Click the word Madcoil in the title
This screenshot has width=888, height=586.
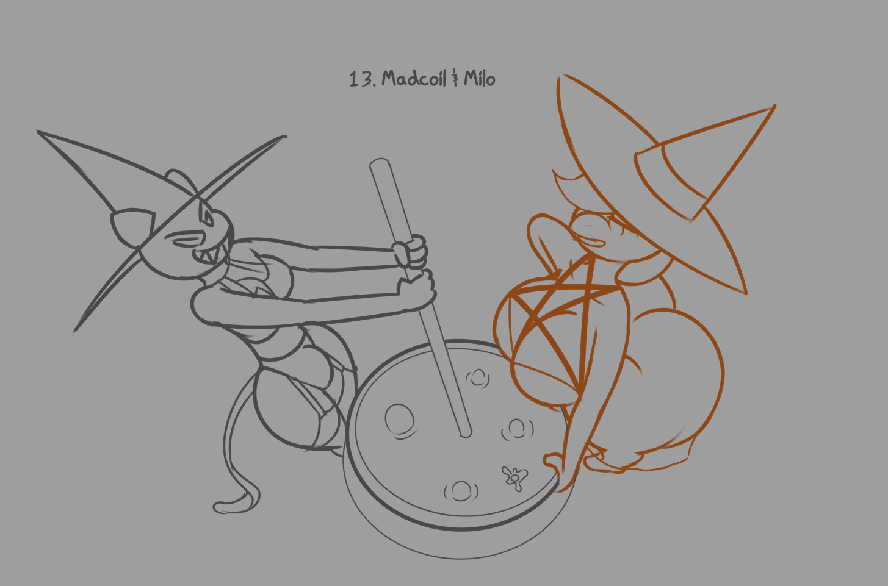click(x=414, y=79)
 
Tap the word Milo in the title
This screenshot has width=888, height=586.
click(x=480, y=79)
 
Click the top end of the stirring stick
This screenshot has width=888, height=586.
click(x=380, y=162)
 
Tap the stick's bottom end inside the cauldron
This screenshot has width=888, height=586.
click(x=466, y=434)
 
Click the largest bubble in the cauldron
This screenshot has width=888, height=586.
click(x=400, y=421)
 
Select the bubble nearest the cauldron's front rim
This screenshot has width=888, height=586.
click(x=461, y=491)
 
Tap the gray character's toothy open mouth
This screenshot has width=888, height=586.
click(x=211, y=254)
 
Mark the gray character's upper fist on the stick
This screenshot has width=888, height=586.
click(x=411, y=252)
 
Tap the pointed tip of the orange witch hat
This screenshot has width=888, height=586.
click(x=774, y=105)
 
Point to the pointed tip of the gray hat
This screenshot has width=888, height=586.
click(x=38, y=131)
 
